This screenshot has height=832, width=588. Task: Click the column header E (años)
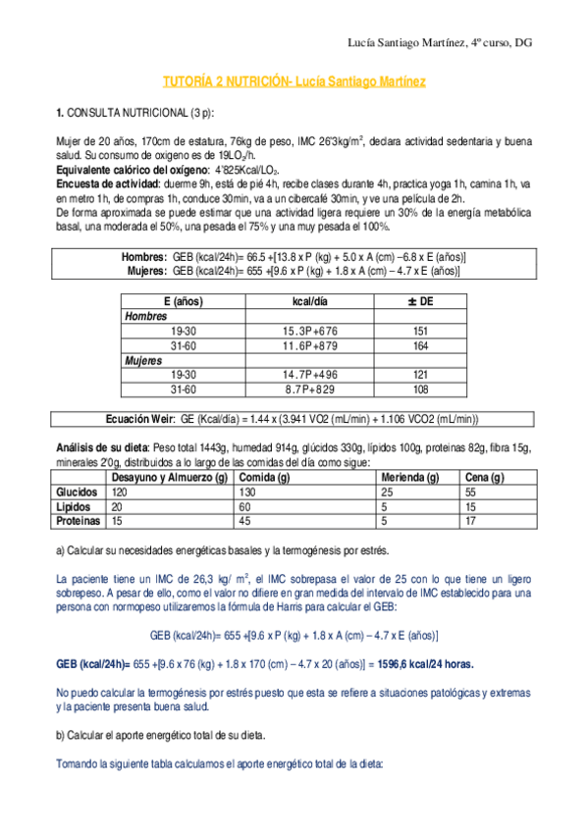[180, 301]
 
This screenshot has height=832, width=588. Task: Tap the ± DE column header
[420, 301]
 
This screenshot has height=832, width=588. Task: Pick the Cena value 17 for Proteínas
[470, 521]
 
